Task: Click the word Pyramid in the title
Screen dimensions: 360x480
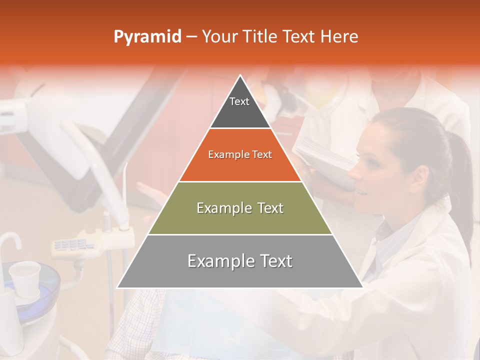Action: [x=147, y=37]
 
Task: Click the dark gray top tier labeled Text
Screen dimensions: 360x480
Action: [x=239, y=107]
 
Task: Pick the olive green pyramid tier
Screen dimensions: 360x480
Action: [x=240, y=208]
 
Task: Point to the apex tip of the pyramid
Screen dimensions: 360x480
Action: [x=240, y=75]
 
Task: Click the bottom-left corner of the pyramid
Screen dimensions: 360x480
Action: [x=118, y=287]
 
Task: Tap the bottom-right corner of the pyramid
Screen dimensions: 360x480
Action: [x=362, y=287]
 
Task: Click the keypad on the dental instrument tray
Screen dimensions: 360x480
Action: [x=70, y=245]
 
